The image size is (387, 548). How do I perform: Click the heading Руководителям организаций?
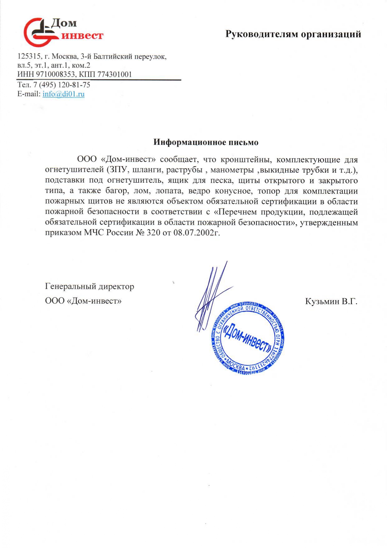(x=293, y=34)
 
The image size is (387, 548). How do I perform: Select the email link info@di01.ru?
(x=64, y=94)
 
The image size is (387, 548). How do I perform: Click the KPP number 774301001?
(x=115, y=74)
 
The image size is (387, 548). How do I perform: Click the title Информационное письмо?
(x=206, y=142)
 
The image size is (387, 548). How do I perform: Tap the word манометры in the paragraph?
(x=232, y=170)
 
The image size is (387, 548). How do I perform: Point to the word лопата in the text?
(x=169, y=191)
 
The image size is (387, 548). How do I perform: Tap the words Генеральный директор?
(x=90, y=286)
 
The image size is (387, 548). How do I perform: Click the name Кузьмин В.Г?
(x=331, y=301)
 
